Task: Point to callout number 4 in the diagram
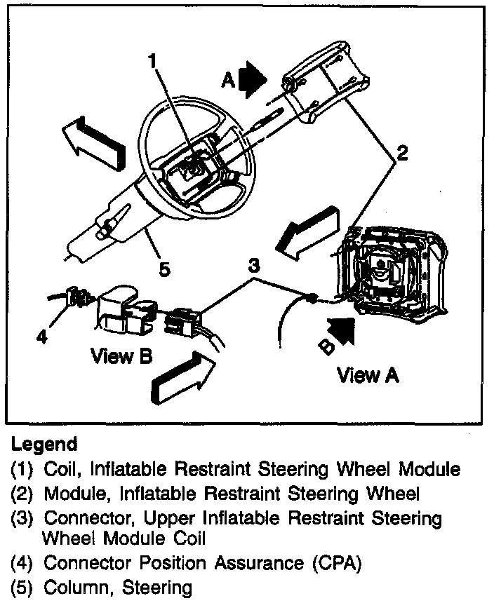pyautogui.click(x=44, y=337)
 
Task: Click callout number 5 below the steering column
pyautogui.click(x=164, y=270)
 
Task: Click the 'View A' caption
pyautogui.click(x=368, y=376)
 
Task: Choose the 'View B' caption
pyautogui.click(x=121, y=356)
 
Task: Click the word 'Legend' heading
pyautogui.click(x=44, y=445)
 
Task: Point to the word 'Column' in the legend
pyautogui.click(x=76, y=587)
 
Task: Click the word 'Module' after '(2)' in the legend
pyautogui.click(x=72, y=494)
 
